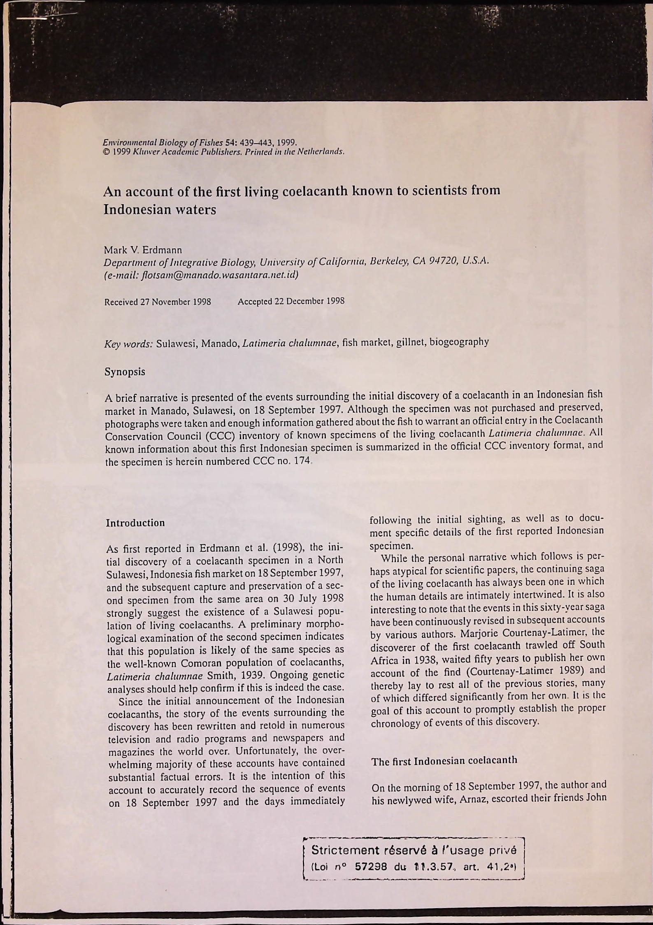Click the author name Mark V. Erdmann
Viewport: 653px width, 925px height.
[142, 250]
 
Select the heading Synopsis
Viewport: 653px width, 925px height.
[125, 372]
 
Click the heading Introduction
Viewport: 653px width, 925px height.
[135, 523]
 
